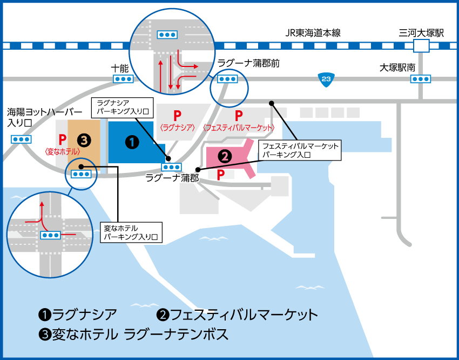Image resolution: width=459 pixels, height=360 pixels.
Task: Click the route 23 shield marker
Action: click(326, 80)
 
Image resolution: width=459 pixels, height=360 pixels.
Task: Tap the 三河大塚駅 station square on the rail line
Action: click(421, 46)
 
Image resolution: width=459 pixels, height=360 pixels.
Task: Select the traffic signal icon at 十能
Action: click(123, 79)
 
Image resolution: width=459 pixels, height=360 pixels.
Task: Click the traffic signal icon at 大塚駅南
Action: click(421, 79)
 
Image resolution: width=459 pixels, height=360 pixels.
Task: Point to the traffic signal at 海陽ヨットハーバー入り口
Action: click(21, 139)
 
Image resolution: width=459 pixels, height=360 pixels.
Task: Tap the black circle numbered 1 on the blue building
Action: click(132, 142)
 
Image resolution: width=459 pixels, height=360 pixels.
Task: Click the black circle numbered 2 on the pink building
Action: click(225, 156)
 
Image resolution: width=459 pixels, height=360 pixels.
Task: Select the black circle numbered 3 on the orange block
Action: click(84, 141)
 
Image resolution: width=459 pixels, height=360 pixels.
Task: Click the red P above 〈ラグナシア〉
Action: click(177, 116)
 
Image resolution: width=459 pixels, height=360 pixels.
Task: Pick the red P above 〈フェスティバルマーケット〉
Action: click(239, 116)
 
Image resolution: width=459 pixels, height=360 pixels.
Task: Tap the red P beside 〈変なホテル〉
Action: click(62, 139)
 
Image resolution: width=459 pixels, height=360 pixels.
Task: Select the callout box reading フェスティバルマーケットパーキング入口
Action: click(300, 150)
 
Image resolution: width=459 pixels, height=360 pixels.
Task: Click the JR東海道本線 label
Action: click(313, 33)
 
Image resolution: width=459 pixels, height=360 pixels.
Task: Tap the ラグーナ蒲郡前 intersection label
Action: click(248, 63)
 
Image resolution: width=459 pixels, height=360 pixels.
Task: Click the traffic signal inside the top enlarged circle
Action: click(167, 34)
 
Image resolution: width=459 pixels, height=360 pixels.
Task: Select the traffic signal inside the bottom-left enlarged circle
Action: click(50, 235)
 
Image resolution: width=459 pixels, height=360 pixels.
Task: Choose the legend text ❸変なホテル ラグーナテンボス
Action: click(133, 334)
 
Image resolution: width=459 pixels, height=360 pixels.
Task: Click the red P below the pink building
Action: click(221, 175)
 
